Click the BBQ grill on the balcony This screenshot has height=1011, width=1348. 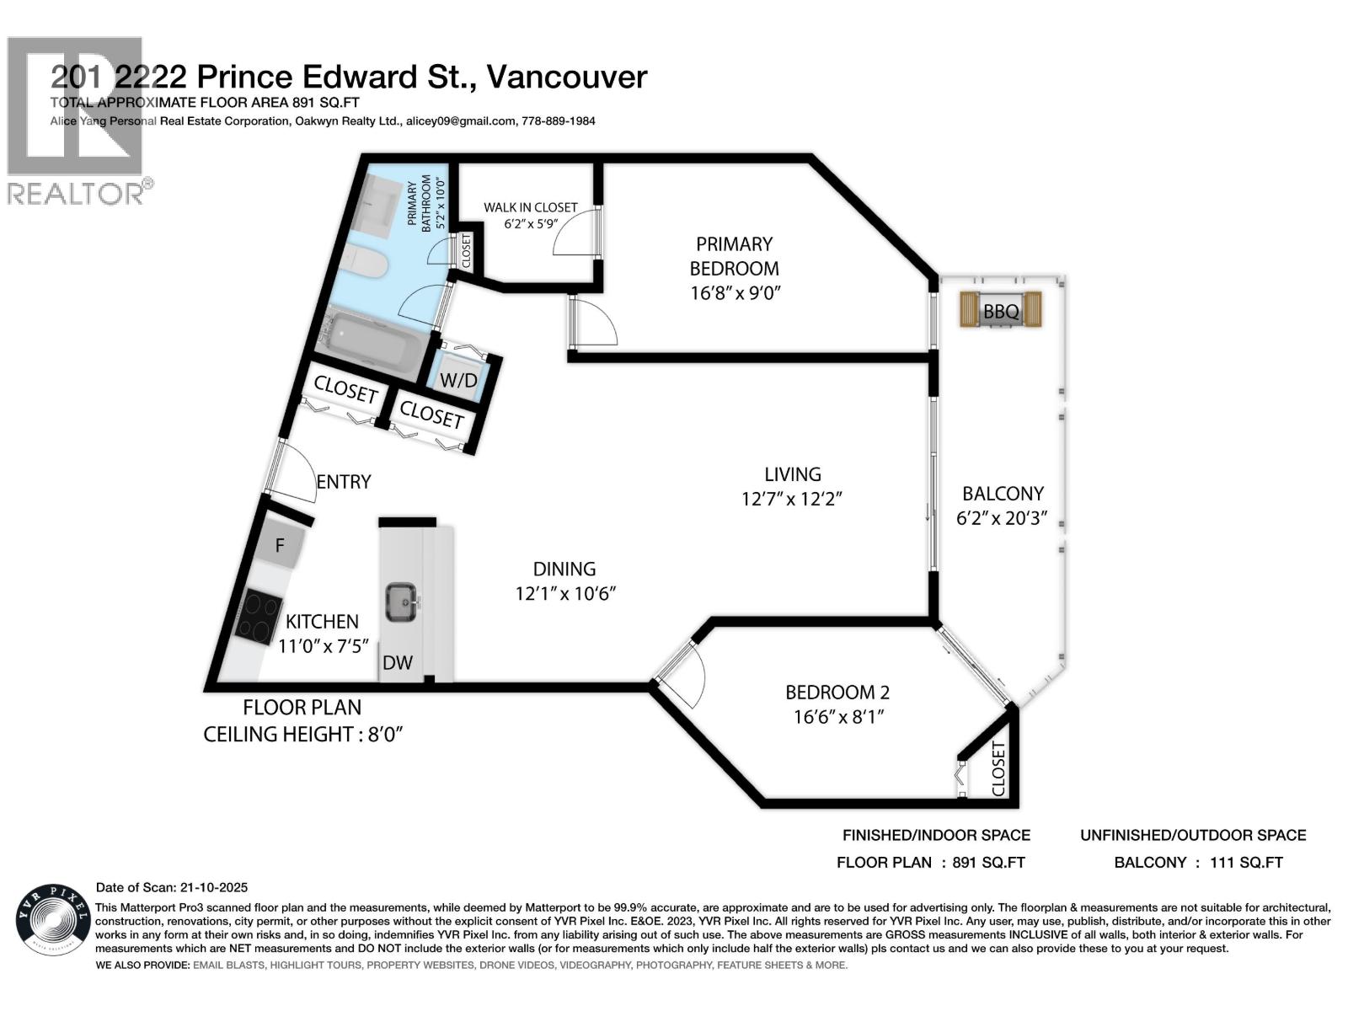tap(1001, 310)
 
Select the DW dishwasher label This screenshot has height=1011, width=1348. tap(398, 662)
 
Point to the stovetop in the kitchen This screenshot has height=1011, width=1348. tap(259, 618)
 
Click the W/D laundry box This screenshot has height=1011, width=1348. tap(458, 380)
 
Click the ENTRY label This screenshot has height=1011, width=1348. tap(344, 481)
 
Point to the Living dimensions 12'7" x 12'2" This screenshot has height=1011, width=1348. tap(792, 499)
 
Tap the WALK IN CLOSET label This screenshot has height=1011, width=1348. tap(530, 207)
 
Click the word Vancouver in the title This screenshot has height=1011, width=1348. tap(567, 77)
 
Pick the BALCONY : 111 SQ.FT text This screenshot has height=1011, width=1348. tap(1198, 862)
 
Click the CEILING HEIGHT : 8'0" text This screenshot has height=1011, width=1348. tap(303, 734)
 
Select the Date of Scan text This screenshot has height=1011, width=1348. tap(172, 887)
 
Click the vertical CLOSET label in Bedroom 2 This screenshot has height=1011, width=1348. tap(998, 768)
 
